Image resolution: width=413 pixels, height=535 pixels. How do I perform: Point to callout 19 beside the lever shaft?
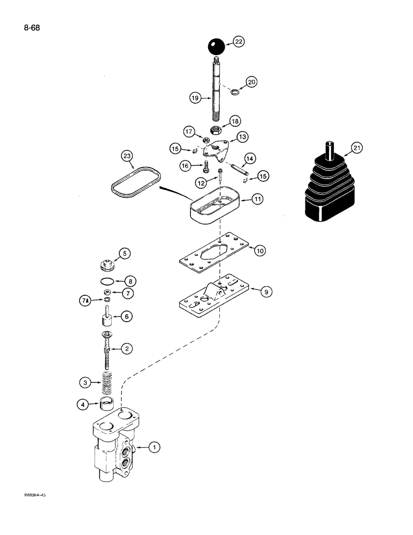pyautogui.click(x=195, y=98)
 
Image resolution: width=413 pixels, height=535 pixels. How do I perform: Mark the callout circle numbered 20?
pyautogui.click(x=251, y=82)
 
